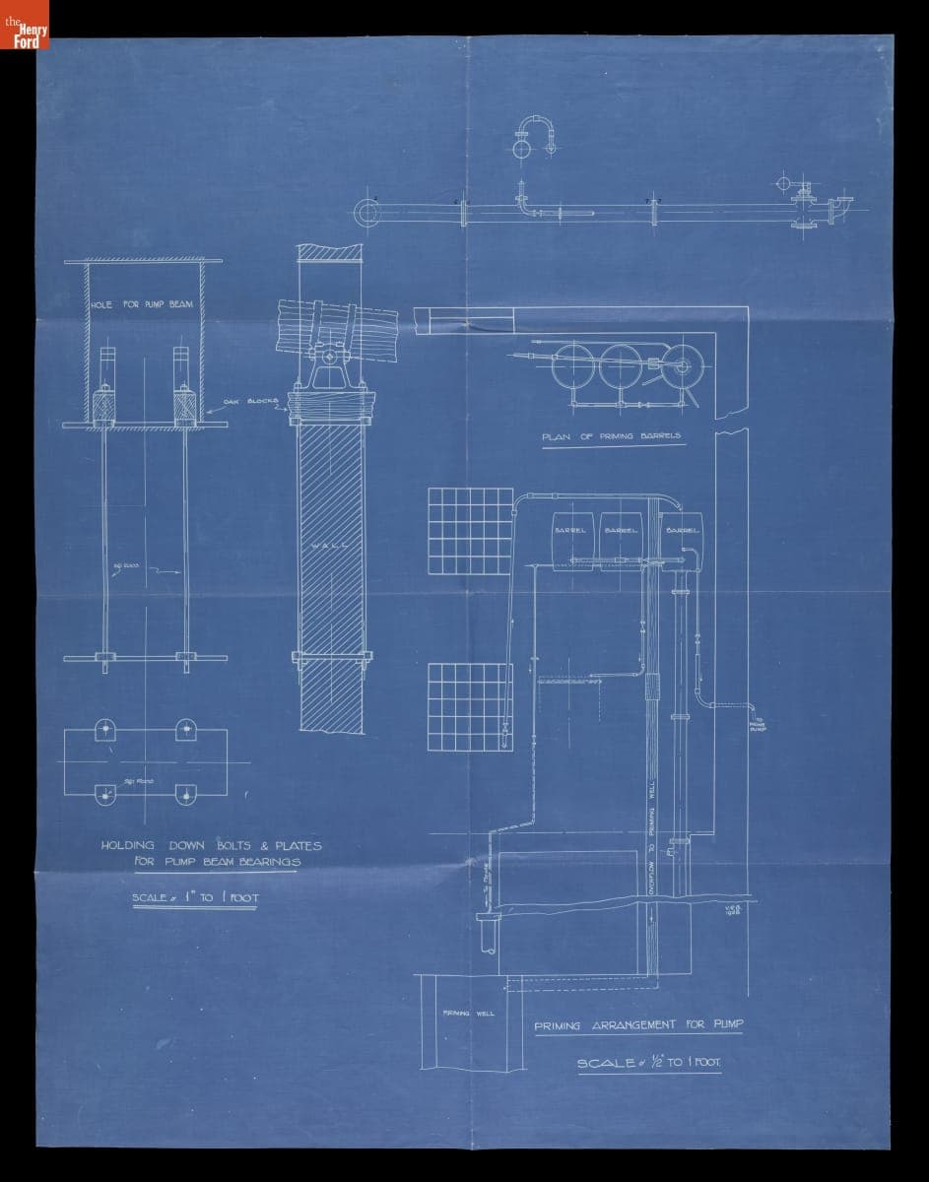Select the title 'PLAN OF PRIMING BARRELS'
click(611, 435)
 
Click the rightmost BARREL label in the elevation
click(682, 530)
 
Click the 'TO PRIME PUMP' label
click(757, 725)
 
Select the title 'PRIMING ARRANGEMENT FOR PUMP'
click(638, 1025)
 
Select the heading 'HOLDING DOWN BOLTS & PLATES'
click(212, 845)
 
